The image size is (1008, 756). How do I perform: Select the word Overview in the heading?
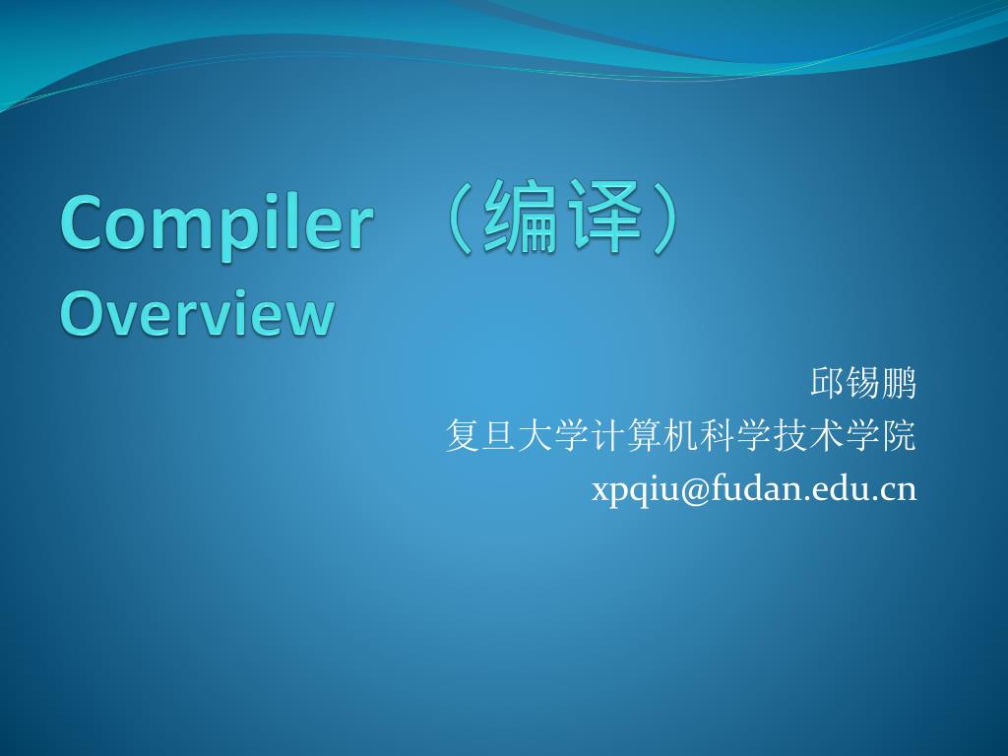[197, 314]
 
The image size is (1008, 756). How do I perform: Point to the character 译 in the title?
[608, 218]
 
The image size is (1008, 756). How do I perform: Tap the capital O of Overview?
[80, 314]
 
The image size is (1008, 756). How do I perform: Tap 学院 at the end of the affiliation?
[882, 436]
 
